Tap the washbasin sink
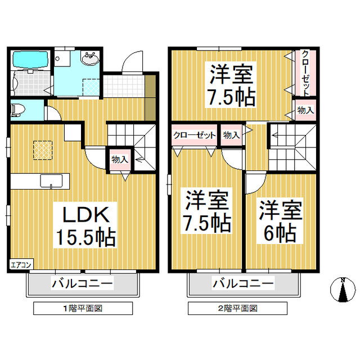click(x=89, y=58)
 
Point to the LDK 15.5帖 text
click(x=84, y=225)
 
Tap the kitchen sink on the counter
click(x=51, y=181)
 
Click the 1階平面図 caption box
click(x=83, y=308)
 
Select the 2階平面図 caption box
click(x=237, y=308)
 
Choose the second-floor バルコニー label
click(x=242, y=282)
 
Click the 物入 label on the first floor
click(x=119, y=159)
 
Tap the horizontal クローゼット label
click(x=194, y=135)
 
